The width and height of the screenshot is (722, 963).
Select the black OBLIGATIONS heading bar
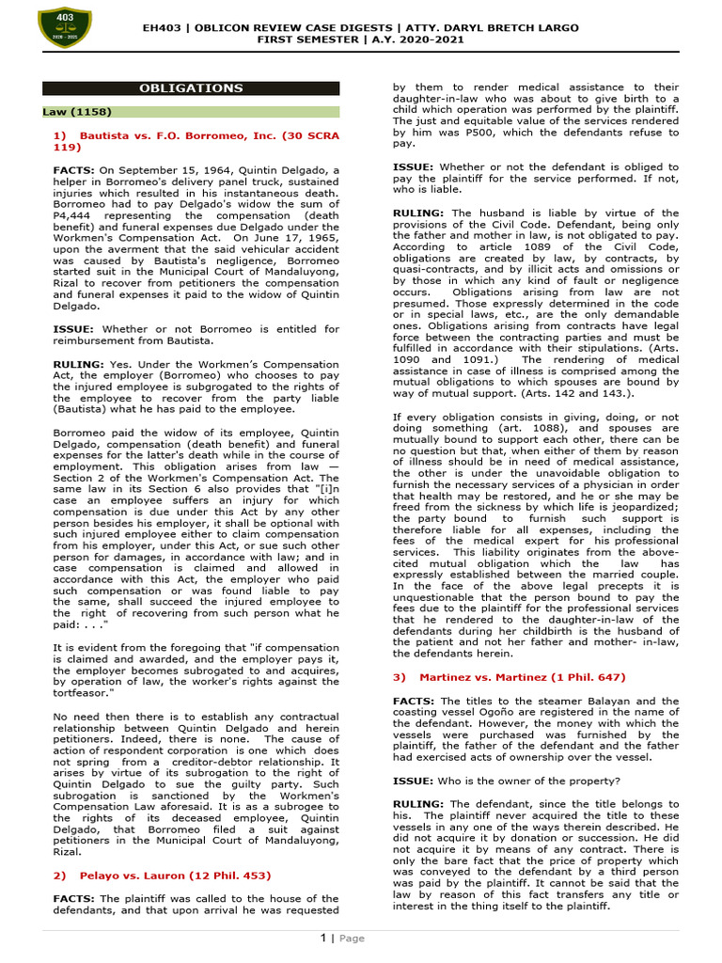pos(191,88)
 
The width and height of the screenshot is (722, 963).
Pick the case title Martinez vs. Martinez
pos(509,677)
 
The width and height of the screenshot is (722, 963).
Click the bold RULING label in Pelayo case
pos(418,213)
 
